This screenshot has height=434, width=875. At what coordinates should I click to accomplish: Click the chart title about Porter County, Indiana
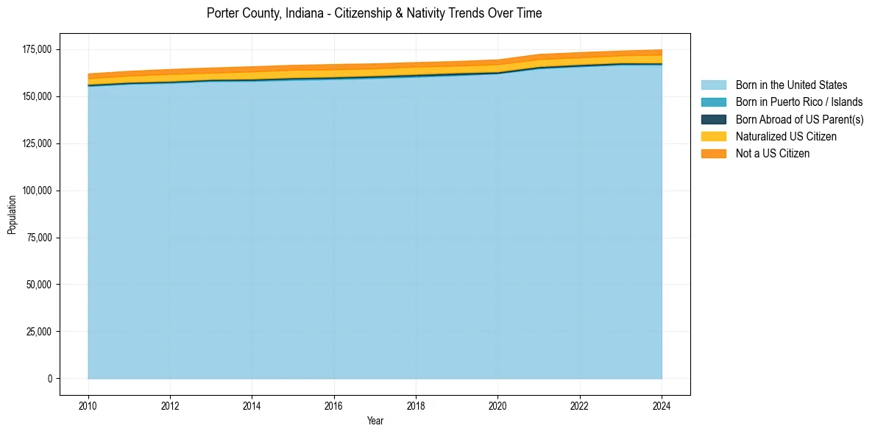374,13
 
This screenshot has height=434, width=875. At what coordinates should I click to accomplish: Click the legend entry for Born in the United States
791,85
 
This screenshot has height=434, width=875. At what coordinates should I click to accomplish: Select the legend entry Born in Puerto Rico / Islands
799,102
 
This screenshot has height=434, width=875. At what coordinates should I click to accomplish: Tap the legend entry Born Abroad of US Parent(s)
799,119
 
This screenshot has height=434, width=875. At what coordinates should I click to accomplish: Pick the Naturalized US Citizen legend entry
786,136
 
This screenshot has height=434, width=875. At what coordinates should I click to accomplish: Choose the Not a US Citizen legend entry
772,153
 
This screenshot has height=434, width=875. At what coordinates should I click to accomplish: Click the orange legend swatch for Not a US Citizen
713,153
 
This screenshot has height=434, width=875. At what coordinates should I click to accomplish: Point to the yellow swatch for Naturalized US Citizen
713,136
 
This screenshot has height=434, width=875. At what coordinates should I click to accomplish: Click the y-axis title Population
12,214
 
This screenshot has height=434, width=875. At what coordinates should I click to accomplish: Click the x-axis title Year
375,421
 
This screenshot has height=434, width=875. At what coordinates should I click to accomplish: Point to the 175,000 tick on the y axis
38,49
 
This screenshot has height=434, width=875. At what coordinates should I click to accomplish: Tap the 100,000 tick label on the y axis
38,191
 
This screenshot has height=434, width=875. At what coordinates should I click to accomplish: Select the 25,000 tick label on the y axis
40,332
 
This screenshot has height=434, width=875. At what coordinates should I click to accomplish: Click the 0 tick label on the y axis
50,379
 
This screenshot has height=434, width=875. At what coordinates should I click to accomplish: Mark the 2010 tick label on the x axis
88,405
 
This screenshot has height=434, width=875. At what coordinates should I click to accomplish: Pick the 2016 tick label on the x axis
334,405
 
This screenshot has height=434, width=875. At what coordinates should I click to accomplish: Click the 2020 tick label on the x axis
498,405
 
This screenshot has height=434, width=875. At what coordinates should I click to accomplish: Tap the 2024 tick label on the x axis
662,405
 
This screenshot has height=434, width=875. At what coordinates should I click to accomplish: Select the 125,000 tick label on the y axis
38,143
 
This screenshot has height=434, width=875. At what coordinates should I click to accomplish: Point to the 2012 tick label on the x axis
170,405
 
